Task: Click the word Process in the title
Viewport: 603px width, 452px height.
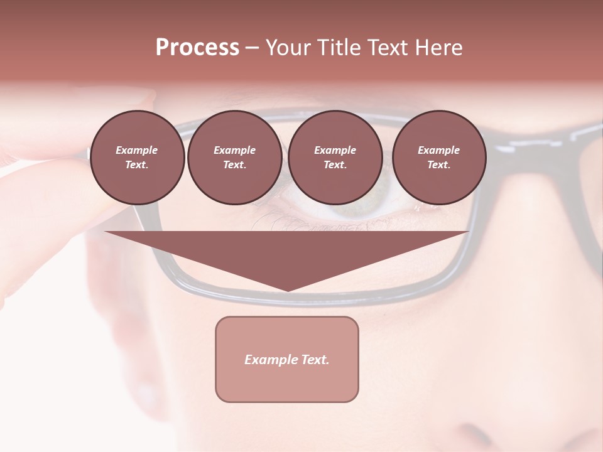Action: [x=197, y=48]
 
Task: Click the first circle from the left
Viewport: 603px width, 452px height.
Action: [x=137, y=158]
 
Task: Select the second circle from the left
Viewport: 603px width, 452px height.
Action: [x=235, y=158]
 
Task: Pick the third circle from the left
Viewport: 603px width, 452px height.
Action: [x=335, y=158]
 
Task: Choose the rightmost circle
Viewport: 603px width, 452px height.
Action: [x=439, y=158]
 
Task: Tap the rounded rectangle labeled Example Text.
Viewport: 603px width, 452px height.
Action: [x=287, y=359]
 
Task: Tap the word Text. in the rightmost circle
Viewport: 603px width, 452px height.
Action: [x=439, y=165]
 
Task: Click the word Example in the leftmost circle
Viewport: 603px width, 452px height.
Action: [x=137, y=150]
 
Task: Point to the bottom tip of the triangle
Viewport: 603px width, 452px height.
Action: [x=288, y=289]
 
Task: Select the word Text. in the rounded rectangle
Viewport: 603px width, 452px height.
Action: [x=313, y=360]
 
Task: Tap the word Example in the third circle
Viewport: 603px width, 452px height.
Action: [x=335, y=150]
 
